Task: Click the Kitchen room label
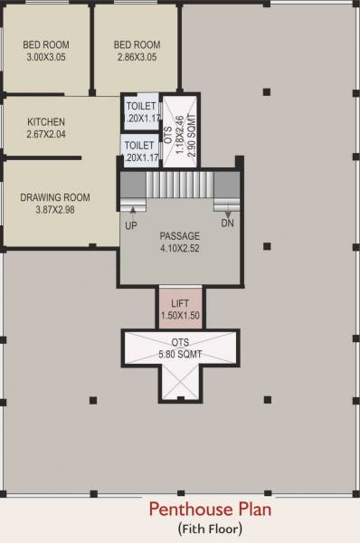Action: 45,121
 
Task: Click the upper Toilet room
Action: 140,112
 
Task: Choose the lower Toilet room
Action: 138,150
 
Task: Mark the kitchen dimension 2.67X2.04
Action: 45,134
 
